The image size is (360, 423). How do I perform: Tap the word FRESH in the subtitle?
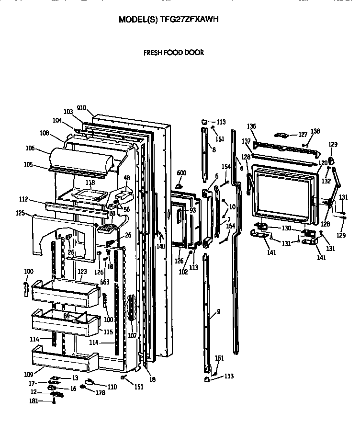click(154, 53)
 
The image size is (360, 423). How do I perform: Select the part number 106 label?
click(30, 149)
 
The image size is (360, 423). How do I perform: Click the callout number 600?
click(181, 173)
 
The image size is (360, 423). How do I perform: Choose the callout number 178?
click(100, 393)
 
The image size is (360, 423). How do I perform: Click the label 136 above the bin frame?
click(252, 126)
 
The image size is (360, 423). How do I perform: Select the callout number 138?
click(315, 131)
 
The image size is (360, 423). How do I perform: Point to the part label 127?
click(303, 135)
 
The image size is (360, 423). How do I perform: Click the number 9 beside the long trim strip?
click(218, 312)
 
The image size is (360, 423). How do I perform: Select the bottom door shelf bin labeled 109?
click(62, 359)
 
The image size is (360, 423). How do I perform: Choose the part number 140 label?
click(160, 246)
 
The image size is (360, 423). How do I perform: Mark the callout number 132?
click(326, 181)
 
